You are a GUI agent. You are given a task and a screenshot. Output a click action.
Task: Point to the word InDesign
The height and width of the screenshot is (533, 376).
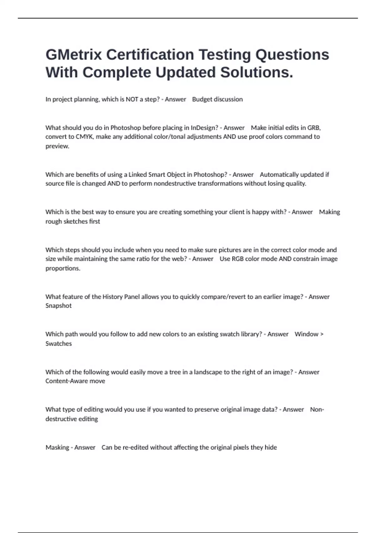tap(204, 128)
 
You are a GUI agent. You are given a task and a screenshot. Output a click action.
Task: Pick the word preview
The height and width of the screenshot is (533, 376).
tap(57, 146)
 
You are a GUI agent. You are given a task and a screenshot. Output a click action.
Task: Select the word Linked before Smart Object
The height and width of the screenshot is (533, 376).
tap(137, 175)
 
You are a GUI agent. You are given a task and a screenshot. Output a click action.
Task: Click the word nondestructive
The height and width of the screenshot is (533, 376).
tap(163, 183)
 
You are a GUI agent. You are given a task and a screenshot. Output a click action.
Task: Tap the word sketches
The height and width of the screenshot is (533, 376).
tap(75, 221)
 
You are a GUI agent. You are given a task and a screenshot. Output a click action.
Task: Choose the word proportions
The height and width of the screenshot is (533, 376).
tap(63, 268)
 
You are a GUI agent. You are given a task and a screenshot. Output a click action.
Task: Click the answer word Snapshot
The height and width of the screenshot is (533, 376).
tap(59, 306)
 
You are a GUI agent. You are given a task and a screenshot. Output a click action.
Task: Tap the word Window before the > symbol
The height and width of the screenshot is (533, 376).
tap(306, 334)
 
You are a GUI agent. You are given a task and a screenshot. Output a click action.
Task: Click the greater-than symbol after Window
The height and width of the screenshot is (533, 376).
tap(322, 334)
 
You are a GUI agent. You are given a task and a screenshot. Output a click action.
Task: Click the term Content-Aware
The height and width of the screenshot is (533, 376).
tap(66, 381)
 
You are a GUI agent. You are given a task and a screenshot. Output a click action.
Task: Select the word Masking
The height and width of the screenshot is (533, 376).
tap(57, 447)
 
